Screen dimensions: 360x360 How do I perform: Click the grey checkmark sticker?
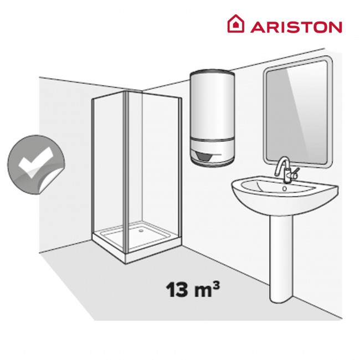pos(33,163)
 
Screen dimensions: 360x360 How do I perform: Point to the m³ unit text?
pos(203,289)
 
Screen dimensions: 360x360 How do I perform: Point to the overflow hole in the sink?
pos(285,188)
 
